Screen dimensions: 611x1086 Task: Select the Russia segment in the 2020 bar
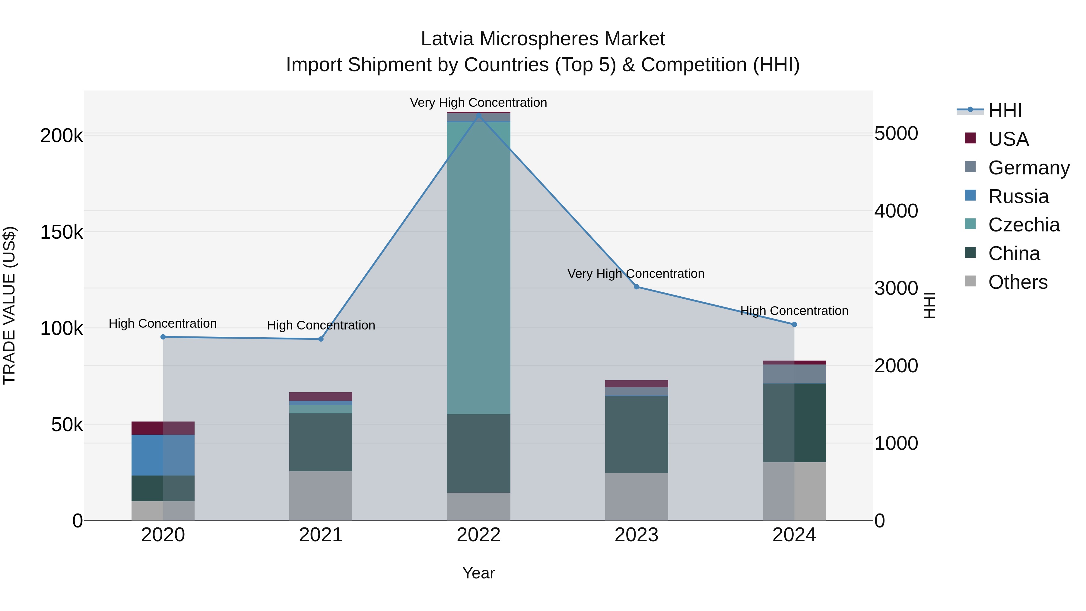tap(163, 455)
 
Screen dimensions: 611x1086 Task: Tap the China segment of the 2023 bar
tap(636, 434)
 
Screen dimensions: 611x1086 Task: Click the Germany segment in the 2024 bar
tap(794, 374)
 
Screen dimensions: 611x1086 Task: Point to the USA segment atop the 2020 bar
tap(163, 428)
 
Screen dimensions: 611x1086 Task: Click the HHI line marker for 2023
tap(637, 287)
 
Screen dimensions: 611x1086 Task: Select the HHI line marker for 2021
tap(321, 339)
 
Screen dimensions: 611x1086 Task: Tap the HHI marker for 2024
tap(794, 324)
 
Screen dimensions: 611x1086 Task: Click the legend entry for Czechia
tap(1024, 225)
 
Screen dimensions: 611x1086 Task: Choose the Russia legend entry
tap(1018, 196)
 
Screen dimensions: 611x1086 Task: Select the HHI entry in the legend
tap(1005, 110)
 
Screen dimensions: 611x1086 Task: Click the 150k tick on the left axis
tap(62, 232)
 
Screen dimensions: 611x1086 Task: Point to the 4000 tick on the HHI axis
tap(896, 211)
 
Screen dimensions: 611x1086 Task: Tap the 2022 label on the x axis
tap(478, 535)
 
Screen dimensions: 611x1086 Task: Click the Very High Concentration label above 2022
tap(478, 103)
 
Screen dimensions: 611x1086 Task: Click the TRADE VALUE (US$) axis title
tap(10, 305)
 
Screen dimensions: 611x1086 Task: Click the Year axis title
tap(478, 573)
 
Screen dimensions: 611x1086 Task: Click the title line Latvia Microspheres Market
tap(543, 39)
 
